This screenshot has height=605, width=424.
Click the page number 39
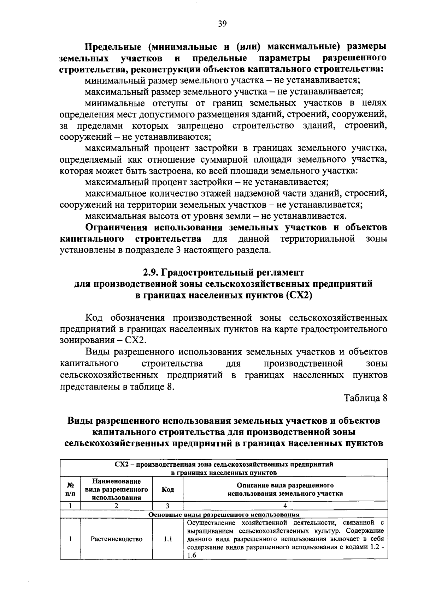coord(222,24)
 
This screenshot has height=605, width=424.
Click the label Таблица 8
coord(366,398)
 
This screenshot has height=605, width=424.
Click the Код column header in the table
coord(167,489)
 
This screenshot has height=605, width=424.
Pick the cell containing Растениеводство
coord(117,539)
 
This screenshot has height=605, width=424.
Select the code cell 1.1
coord(167,539)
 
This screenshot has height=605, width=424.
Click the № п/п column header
coord(70,489)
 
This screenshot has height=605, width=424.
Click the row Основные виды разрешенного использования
coord(224,515)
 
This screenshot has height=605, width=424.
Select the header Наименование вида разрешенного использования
coord(117,489)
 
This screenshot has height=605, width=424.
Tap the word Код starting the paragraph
coord(94,318)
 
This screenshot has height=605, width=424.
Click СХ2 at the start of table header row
coord(122,464)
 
